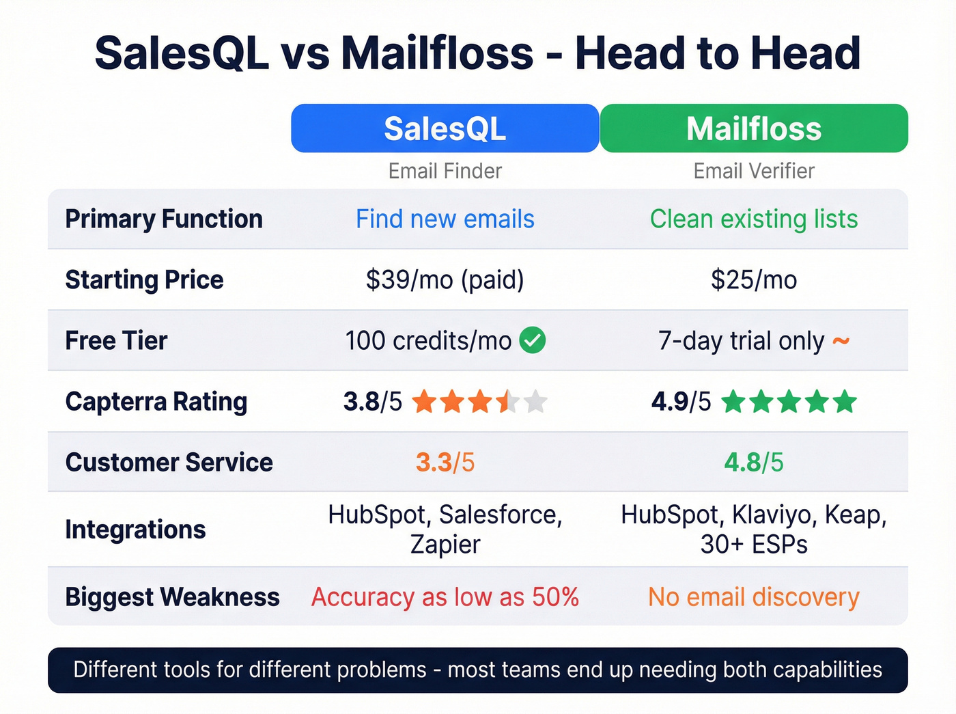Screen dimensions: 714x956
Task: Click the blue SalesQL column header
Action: click(x=445, y=128)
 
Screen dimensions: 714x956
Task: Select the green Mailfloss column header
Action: click(x=754, y=128)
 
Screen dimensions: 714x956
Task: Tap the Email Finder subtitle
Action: click(x=445, y=171)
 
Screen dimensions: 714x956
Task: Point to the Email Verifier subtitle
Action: click(x=754, y=171)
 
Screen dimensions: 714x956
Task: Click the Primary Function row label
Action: click(x=164, y=219)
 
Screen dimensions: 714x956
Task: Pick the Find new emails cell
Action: click(x=445, y=219)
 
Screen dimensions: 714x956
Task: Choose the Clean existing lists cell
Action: click(x=754, y=219)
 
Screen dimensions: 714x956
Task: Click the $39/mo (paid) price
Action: click(x=445, y=279)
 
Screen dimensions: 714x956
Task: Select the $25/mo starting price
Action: click(x=754, y=279)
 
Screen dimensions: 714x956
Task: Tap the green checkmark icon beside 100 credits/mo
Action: click(x=533, y=340)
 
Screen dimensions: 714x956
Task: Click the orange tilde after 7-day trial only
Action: click(x=841, y=340)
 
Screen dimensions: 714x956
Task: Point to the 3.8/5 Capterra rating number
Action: click(x=373, y=402)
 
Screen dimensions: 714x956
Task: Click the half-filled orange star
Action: click(x=508, y=402)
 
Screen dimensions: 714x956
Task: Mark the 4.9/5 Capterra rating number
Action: click(x=681, y=402)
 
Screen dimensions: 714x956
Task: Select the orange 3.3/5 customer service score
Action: click(x=445, y=463)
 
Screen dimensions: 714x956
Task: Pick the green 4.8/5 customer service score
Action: click(x=754, y=463)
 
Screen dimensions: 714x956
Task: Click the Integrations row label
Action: click(x=135, y=530)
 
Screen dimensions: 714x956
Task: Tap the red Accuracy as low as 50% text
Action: click(x=445, y=597)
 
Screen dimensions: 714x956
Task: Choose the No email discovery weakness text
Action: click(x=754, y=597)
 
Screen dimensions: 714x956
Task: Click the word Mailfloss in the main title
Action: click(x=437, y=53)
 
